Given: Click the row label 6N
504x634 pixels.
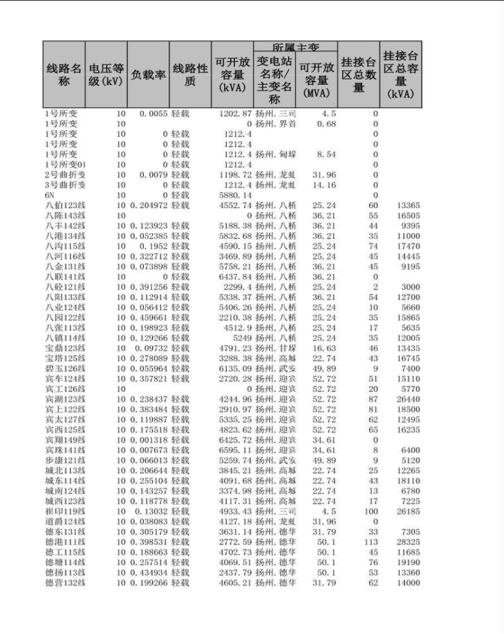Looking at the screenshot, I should [x=50, y=195].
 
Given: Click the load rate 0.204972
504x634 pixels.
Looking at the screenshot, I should [x=149, y=206].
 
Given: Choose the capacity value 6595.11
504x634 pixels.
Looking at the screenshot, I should [x=234, y=450].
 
